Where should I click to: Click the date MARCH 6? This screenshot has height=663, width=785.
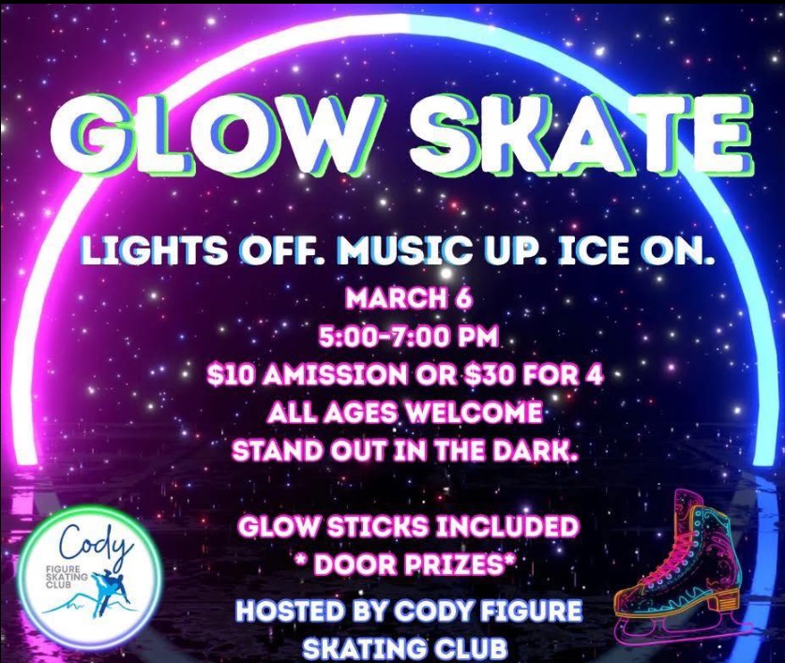point(409,299)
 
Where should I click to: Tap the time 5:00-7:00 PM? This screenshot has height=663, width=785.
point(409,337)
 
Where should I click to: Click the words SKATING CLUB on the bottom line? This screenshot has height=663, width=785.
point(405,649)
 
